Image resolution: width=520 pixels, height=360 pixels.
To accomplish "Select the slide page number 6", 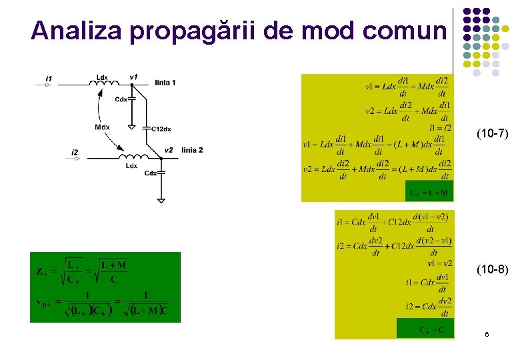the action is [x=487, y=334].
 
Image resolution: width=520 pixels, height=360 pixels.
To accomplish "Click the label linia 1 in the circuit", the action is [x=165, y=83].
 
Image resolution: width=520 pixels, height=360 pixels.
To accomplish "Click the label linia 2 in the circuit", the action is [x=192, y=150].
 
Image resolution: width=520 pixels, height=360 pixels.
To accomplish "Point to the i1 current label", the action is [x=49, y=79].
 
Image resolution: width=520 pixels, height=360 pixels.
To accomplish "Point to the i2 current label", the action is [x=75, y=153].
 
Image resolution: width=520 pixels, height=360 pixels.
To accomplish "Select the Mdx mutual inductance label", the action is [x=102, y=127].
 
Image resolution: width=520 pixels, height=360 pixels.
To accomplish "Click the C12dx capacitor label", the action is [x=161, y=129].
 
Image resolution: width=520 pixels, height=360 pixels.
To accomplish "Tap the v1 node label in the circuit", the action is [x=134, y=77].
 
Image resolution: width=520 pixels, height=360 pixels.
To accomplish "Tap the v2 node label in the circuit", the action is [x=168, y=150].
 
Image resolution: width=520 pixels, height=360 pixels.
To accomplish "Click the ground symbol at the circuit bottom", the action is [x=161, y=199].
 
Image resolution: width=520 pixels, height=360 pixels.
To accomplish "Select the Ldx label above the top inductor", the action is [x=102, y=77].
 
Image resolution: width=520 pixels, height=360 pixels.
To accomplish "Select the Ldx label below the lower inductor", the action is [x=131, y=166].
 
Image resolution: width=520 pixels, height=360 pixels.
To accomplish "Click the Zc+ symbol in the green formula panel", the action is [x=41, y=271].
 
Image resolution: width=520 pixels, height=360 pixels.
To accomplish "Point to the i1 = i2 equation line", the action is [x=440, y=127].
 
